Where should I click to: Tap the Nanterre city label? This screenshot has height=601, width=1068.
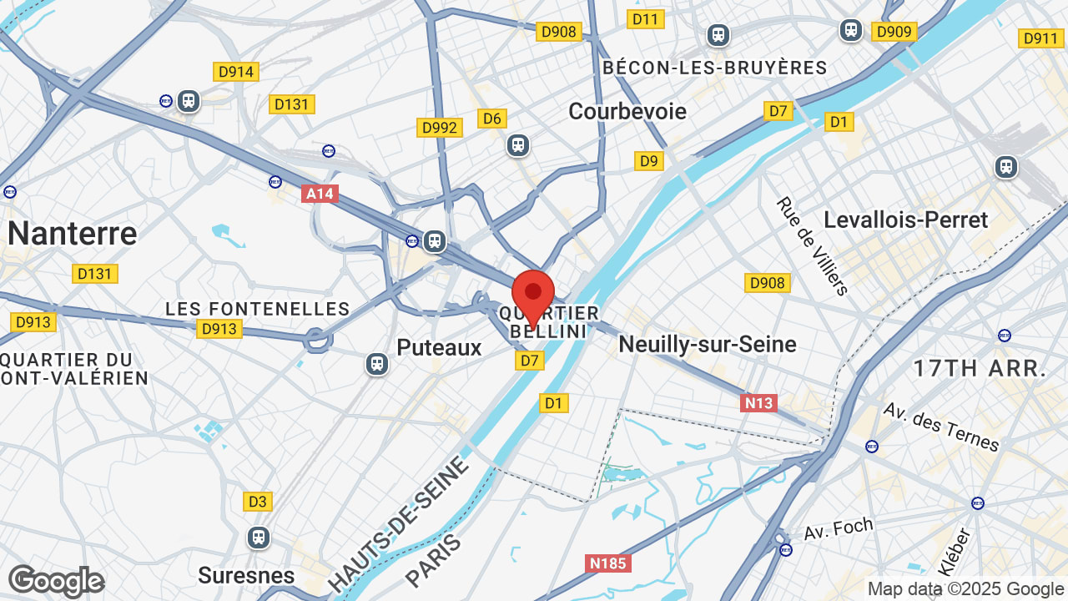click(72, 233)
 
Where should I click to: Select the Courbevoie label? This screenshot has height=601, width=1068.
click(627, 111)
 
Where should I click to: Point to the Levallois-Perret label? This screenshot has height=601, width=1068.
click(905, 220)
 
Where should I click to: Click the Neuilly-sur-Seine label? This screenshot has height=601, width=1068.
click(708, 344)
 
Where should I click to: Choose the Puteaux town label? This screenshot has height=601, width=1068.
click(440, 347)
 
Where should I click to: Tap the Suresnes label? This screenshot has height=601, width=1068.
click(246, 575)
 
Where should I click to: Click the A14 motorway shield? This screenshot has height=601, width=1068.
click(320, 194)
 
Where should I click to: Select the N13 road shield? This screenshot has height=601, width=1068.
click(758, 403)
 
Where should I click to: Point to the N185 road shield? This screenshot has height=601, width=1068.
click(607, 563)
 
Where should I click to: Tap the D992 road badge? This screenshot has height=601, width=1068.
click(440, 128)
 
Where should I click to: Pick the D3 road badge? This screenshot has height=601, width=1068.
click(258, 502)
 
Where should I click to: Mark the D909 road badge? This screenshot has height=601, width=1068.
click(894, 32)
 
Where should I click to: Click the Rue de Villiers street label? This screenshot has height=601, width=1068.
click(812, 245)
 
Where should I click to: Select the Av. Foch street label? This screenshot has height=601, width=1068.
click(838, 528)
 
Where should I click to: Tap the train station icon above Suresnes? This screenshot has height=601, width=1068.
click(259, 537)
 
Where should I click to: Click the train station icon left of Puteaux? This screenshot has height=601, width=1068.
click(377, 363)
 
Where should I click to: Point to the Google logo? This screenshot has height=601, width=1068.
click(56, 581)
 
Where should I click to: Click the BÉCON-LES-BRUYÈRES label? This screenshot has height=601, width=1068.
click(714, 68)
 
